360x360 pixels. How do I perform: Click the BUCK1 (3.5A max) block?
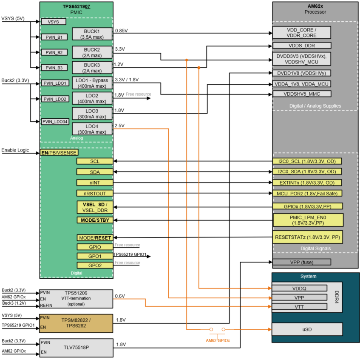tap(92, 34)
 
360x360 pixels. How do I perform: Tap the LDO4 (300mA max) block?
tap(92, 129)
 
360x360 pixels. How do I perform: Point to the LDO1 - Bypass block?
tap(92, 83)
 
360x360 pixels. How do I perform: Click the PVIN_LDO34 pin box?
tap(54, 122)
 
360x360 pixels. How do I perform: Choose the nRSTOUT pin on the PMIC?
tap(95, 193)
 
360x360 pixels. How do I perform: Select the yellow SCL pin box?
tap(95, 161)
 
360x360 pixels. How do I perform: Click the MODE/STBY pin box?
tap(95, 220)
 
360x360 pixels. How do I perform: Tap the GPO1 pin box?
tap(95, 256)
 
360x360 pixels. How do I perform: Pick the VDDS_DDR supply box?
tap(301, 46)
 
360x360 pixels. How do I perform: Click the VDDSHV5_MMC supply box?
tap(301, 94)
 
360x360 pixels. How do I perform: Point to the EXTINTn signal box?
tap(307, 183)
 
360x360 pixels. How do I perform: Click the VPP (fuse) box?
tap(301, 262)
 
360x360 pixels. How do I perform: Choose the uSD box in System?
tap(306, 329)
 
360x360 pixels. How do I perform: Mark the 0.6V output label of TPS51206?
tap(120, 296)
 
